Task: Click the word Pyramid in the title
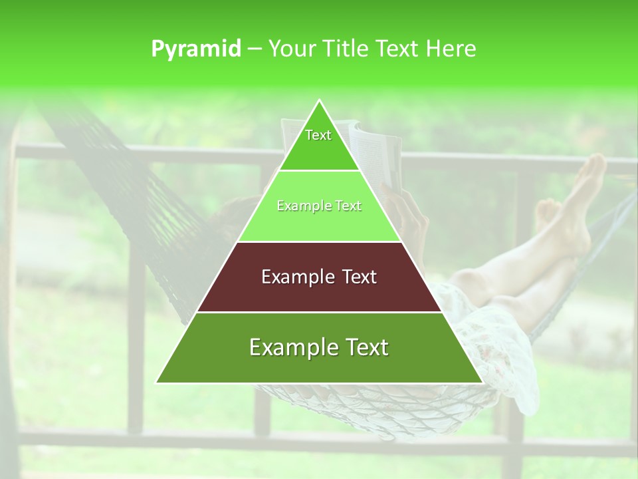[x=196, y=49]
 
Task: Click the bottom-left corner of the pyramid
[x=158, y=382]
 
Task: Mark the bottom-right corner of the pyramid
[x=482, y=382]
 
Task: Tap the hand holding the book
[x=412, y=220]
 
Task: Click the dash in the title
[x=255, y=49]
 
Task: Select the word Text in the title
[x=397, y=49]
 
